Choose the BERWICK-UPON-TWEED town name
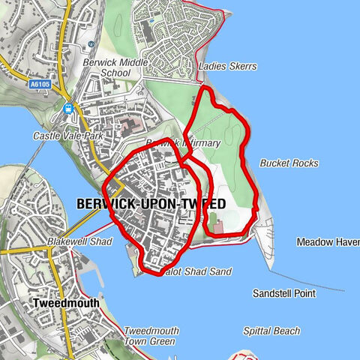point(151,204)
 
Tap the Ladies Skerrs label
point(228,67)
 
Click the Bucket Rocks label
point(289,163)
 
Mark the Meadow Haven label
point(328,242)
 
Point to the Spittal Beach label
point(271,331)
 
